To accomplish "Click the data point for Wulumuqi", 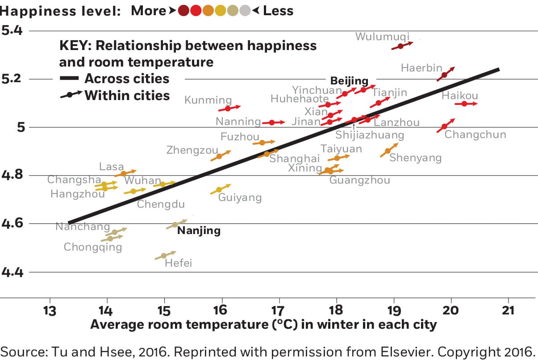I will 400,46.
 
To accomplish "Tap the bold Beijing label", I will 349,81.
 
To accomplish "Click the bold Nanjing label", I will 199,231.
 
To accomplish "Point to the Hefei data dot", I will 163,256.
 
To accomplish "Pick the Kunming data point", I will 228,109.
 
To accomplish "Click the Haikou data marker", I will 464,104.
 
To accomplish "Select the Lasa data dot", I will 124,174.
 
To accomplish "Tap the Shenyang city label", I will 415,158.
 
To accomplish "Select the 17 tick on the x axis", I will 278,311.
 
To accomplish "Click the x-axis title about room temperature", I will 263,325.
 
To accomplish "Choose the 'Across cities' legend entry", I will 127,79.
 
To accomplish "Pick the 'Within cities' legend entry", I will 127,95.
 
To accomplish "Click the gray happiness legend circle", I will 245,11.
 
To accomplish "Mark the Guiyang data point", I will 219,190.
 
